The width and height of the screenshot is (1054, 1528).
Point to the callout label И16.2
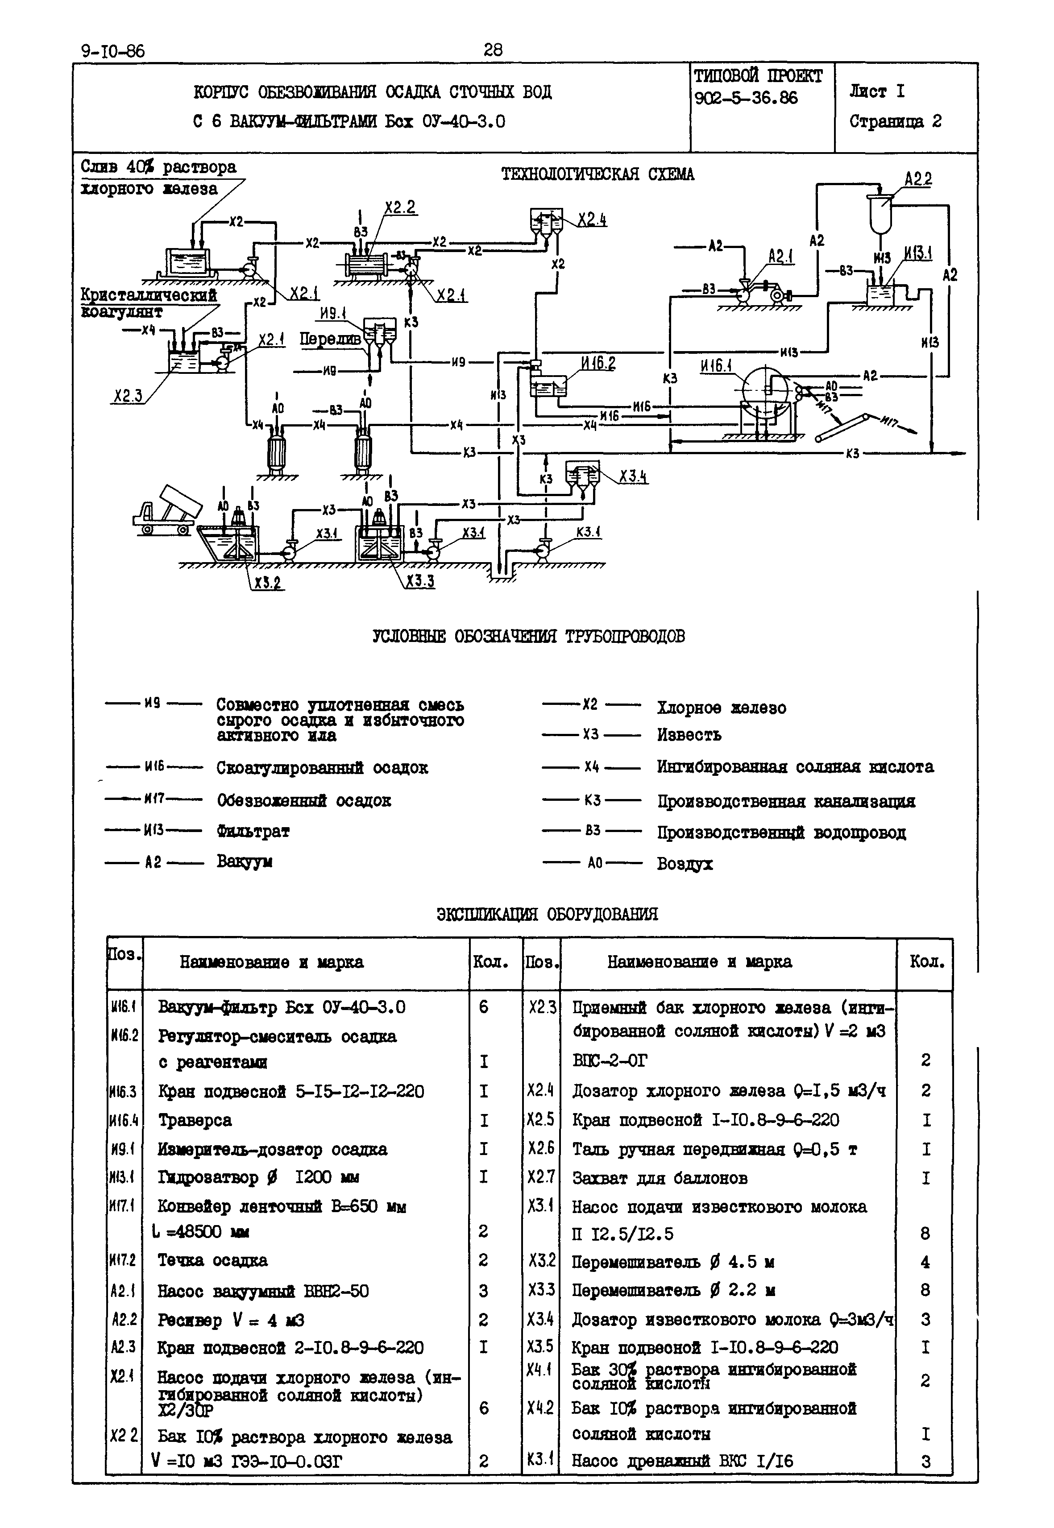coord(598,363)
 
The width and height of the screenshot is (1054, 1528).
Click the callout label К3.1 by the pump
coord(588,532)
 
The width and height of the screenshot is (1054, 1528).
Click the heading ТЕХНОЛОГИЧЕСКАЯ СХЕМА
coord(598,174)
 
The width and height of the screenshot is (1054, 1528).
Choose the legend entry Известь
coord(689,734)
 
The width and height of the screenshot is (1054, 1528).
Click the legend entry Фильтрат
coord(253,831)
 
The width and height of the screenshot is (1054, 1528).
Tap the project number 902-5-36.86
coord(746,99)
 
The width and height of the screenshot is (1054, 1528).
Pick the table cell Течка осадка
coord(213,1260)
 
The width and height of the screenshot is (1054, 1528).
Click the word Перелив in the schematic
coord(330,339)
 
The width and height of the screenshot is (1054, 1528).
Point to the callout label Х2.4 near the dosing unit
coord(592,219)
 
